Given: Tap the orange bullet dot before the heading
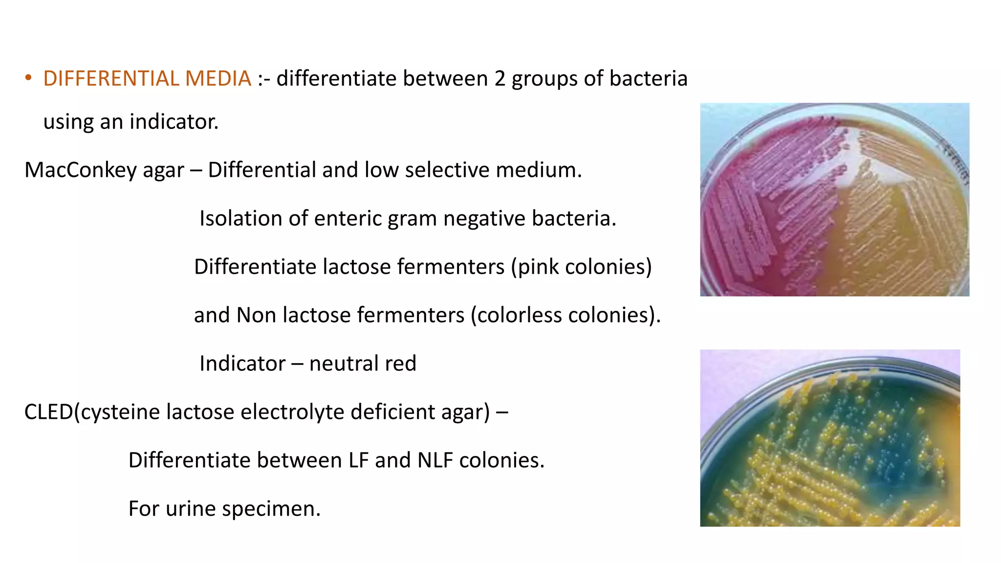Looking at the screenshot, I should coord(28,78).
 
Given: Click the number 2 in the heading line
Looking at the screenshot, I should coord(500,79).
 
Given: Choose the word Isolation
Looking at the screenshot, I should coord(240,218).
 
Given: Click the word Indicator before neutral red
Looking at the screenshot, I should coord(242,364).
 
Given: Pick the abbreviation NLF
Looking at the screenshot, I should coord(435,460).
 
